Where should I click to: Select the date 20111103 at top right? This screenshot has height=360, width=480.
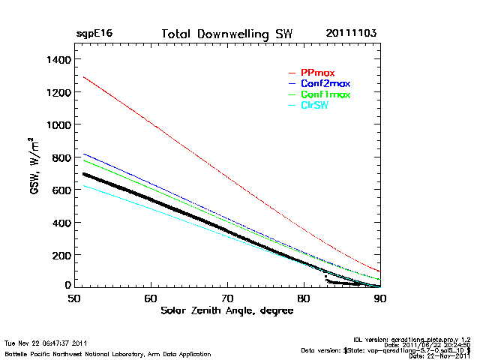click(351, 34)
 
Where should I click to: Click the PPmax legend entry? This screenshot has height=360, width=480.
click(317, 73)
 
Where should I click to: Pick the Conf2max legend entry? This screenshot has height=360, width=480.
click(324, 83)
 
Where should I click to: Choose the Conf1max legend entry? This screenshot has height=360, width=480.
click(324, 94)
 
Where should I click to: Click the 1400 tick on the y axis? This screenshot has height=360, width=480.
click(58, 59)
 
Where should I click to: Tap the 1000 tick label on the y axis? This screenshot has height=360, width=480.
click(58, 124)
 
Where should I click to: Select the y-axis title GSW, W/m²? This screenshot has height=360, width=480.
click(34, 166)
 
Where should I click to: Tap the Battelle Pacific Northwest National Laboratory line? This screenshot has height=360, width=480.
click(107, 353)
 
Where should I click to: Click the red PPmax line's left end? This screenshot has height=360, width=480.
click(84, 77)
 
